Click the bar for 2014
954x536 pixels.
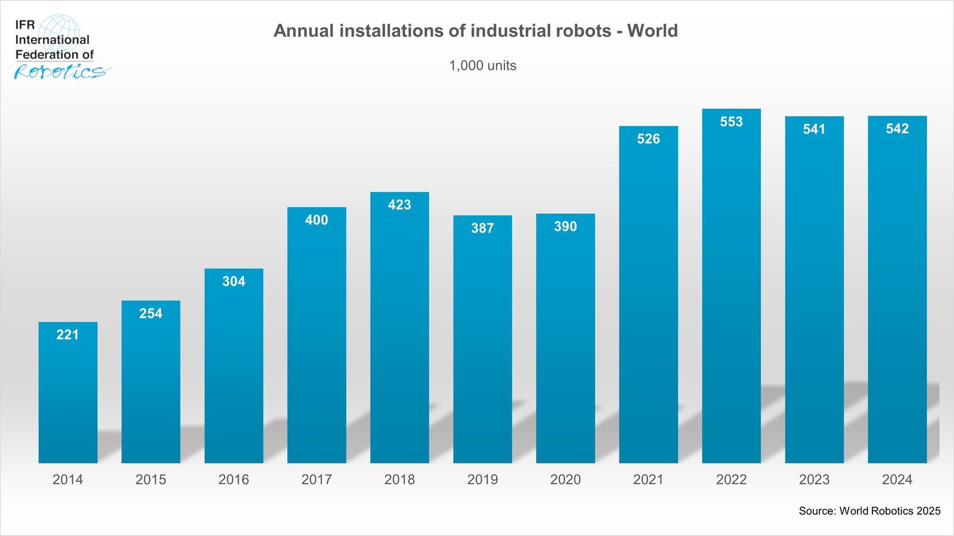click(x=68, y=393)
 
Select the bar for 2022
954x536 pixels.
click(x=731, y=286)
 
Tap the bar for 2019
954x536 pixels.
click(x=482, y=339)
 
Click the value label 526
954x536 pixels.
click(x=648, y=139)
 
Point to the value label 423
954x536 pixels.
click(x=399, y=205)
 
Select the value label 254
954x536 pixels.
click(x=151, y=313)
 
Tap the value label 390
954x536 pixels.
click(x=565, y=226)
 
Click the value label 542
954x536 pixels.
click(x=897, y=129)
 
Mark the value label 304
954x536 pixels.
click(x=234, y=281)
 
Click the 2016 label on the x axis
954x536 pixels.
click(x=234, y=479)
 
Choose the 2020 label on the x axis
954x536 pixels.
click(x=565, y=479)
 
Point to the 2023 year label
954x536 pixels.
click(x=814, y=479)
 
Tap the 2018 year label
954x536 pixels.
click(x=399, y=479)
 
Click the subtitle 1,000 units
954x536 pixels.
click(x=482, y=66)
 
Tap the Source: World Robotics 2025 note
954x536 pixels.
click(x=869, y=511)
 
